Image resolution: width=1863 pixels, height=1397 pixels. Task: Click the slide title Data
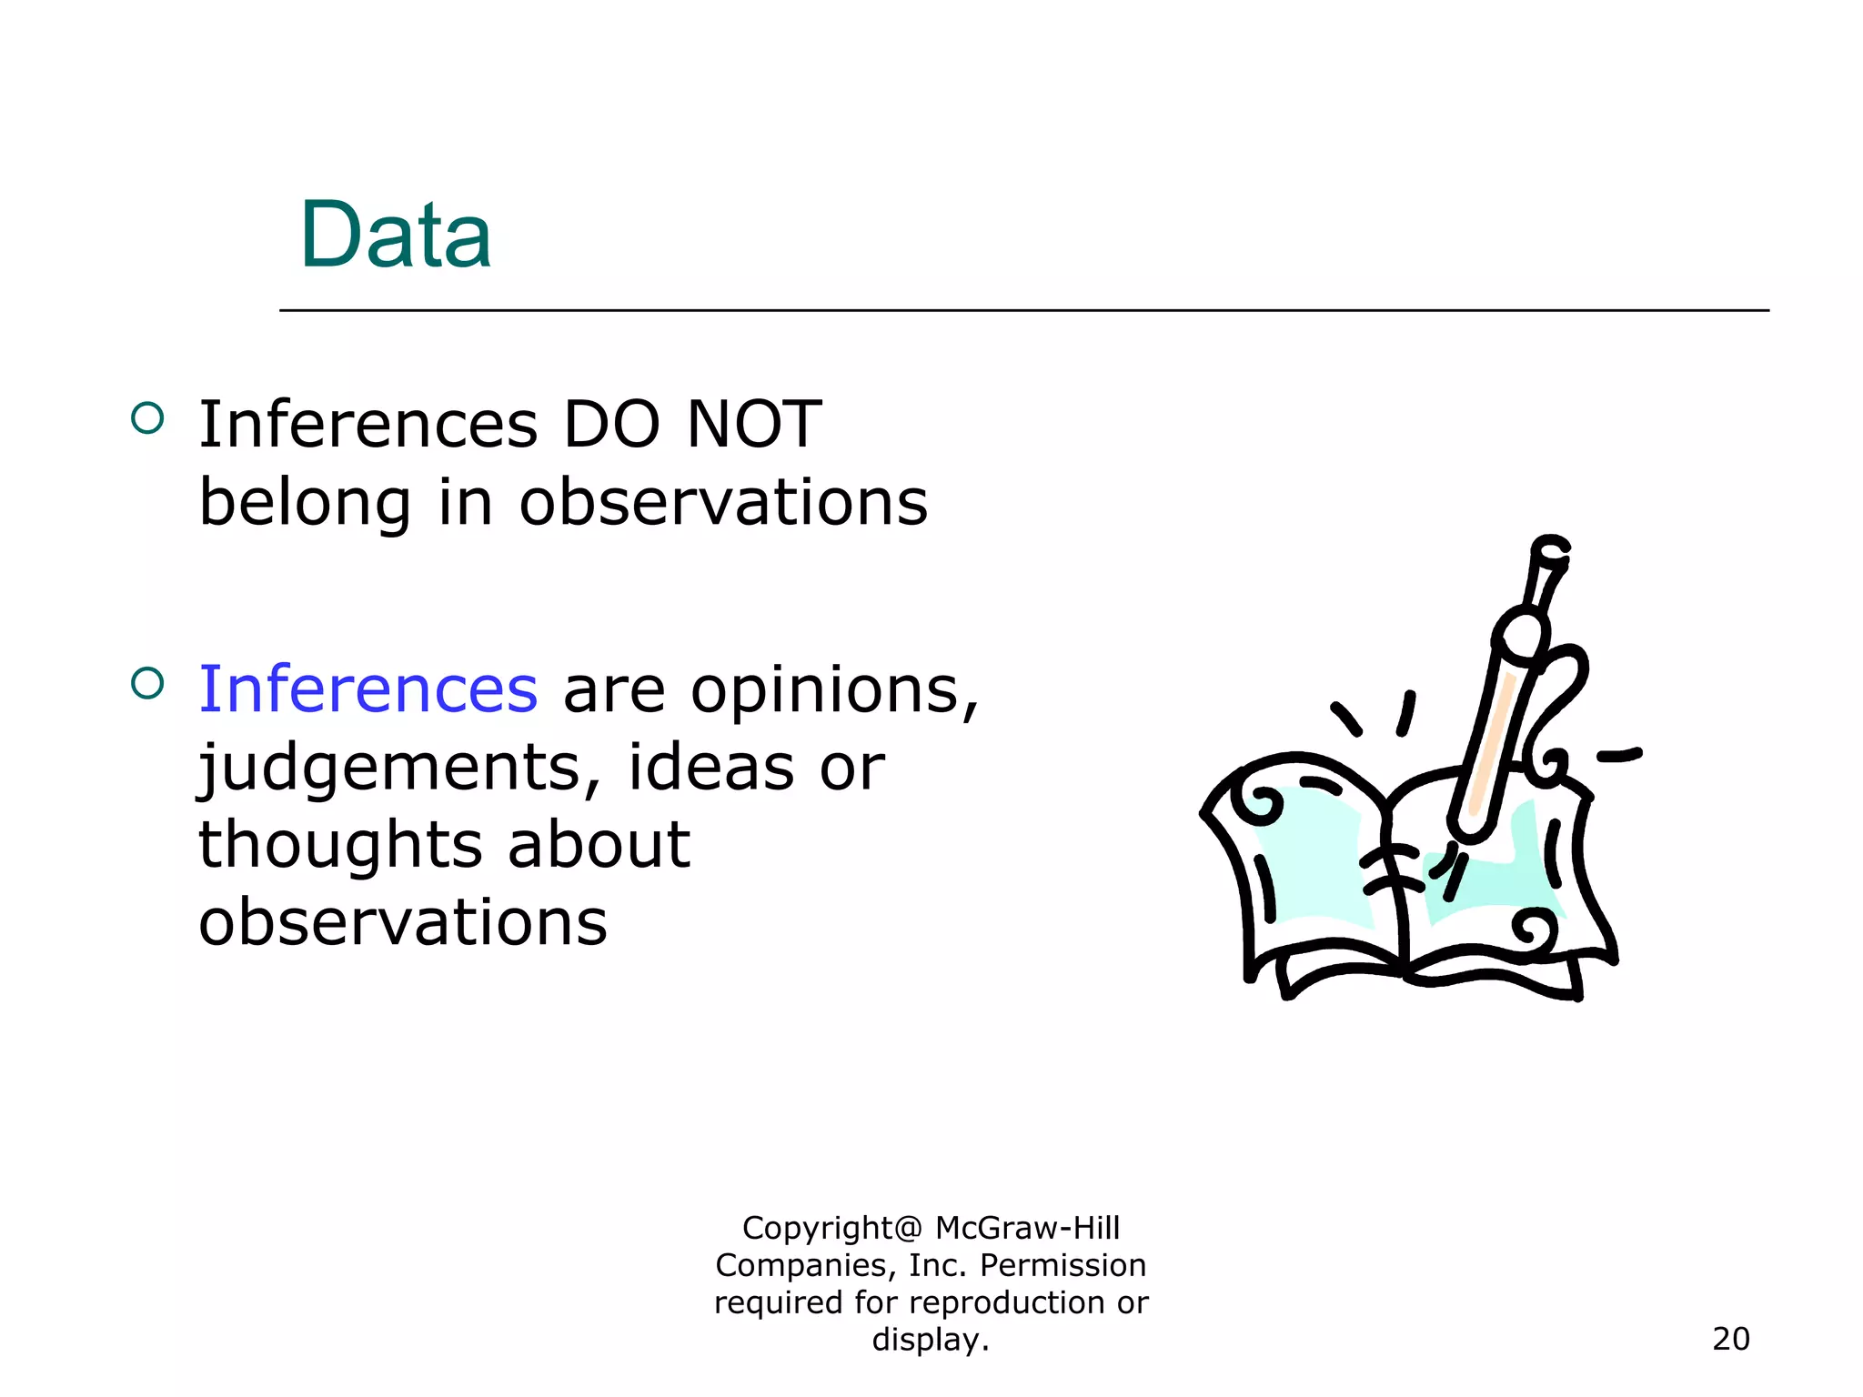(x=396, y=236)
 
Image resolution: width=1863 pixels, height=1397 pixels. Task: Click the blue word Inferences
(x=368, y=689)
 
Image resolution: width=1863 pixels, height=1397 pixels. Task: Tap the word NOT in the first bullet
(x=754, y=425)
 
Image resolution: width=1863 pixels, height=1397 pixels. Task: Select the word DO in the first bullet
(x=611, y=425)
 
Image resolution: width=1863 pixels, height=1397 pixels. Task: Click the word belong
(x=305, y=503)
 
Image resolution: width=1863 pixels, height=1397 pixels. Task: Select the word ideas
(x=710, y=768)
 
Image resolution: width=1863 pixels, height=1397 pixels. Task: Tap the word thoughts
(x=339, y=845)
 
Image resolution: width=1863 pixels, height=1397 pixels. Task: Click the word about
(x=599, y=845)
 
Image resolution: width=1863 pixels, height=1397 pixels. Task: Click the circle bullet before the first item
(x=147, y=418)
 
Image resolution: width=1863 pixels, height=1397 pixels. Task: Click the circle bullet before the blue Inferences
(x=147, y=683)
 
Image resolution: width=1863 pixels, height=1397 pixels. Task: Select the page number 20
(x=1730, y=1339)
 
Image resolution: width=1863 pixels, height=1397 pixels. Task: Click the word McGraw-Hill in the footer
(x=1027, y=1228)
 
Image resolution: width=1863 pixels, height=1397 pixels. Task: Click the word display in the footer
(x=925, y=1340)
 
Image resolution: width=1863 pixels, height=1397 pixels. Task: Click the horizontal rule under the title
(x=1023, y=310)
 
